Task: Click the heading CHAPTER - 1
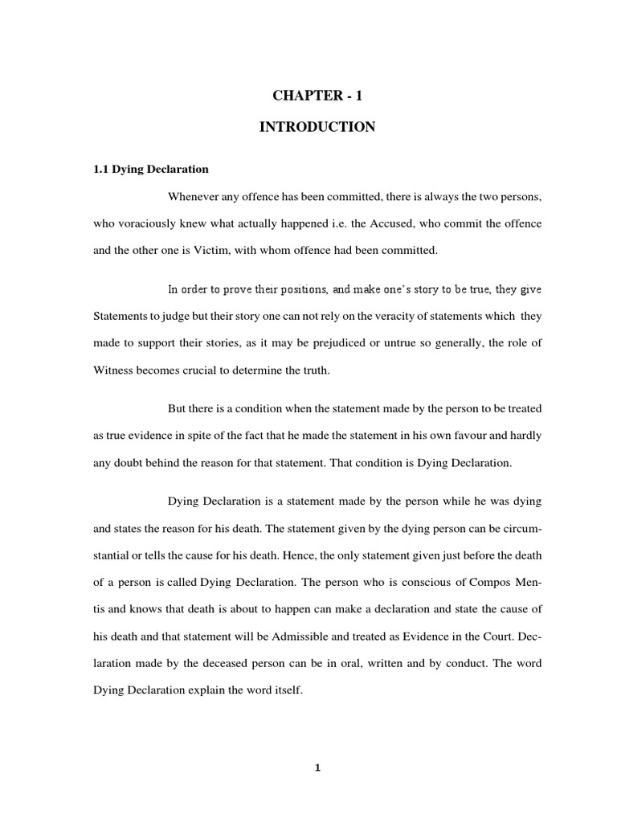point(317,96)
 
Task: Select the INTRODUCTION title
point(317,127)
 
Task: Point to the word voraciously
point(151,223)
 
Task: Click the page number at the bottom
point(317,768)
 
